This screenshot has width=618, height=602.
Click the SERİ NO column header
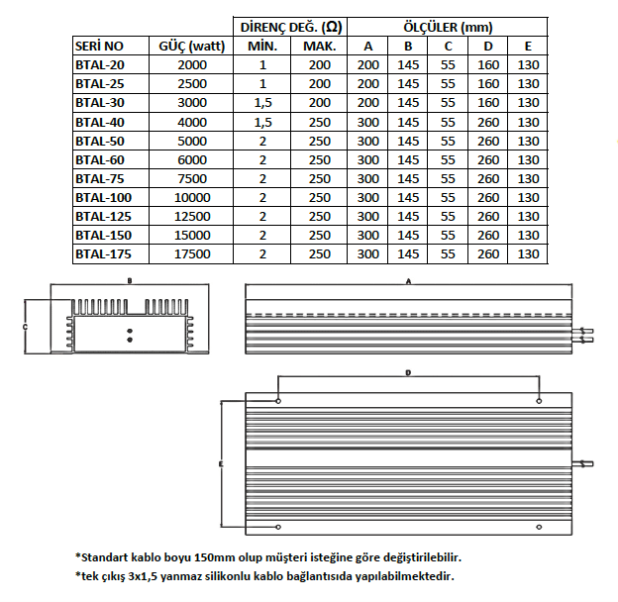(99, 47)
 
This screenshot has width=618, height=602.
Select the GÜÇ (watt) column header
(192, 47)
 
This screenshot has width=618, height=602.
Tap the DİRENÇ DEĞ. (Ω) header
(290, 28)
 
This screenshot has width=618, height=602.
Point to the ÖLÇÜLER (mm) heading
(448, 28)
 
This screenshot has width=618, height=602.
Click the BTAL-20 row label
(99, 65)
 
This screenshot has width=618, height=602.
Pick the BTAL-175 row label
(103, 254)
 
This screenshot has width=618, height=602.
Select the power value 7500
(192, 179)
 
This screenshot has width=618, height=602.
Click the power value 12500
(192, 217)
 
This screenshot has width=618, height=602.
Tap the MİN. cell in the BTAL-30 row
(262, 103)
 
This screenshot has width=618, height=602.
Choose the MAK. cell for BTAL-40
(319, 122)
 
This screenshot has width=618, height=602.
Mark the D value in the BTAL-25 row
(488, 84)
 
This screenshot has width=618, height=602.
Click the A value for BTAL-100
(368, 198)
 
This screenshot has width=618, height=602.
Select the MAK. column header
(319, 47)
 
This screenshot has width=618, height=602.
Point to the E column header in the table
(528, 47)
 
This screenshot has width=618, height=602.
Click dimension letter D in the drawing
(408, 373)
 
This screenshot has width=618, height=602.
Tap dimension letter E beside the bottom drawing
(220, 463)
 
